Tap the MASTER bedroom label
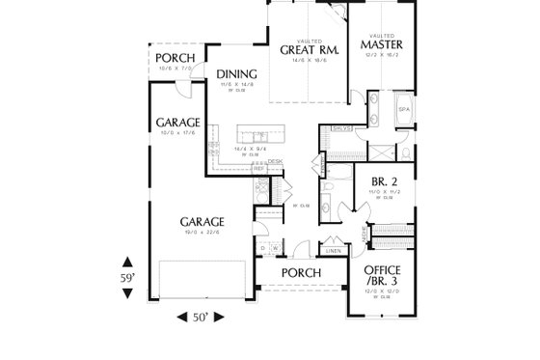381,44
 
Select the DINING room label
235,74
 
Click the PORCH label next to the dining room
176,57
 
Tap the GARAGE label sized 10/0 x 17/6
177,123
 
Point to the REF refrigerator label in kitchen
259,168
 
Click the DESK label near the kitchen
275,161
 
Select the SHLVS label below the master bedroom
340,127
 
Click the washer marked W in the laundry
277,247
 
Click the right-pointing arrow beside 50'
229,317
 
